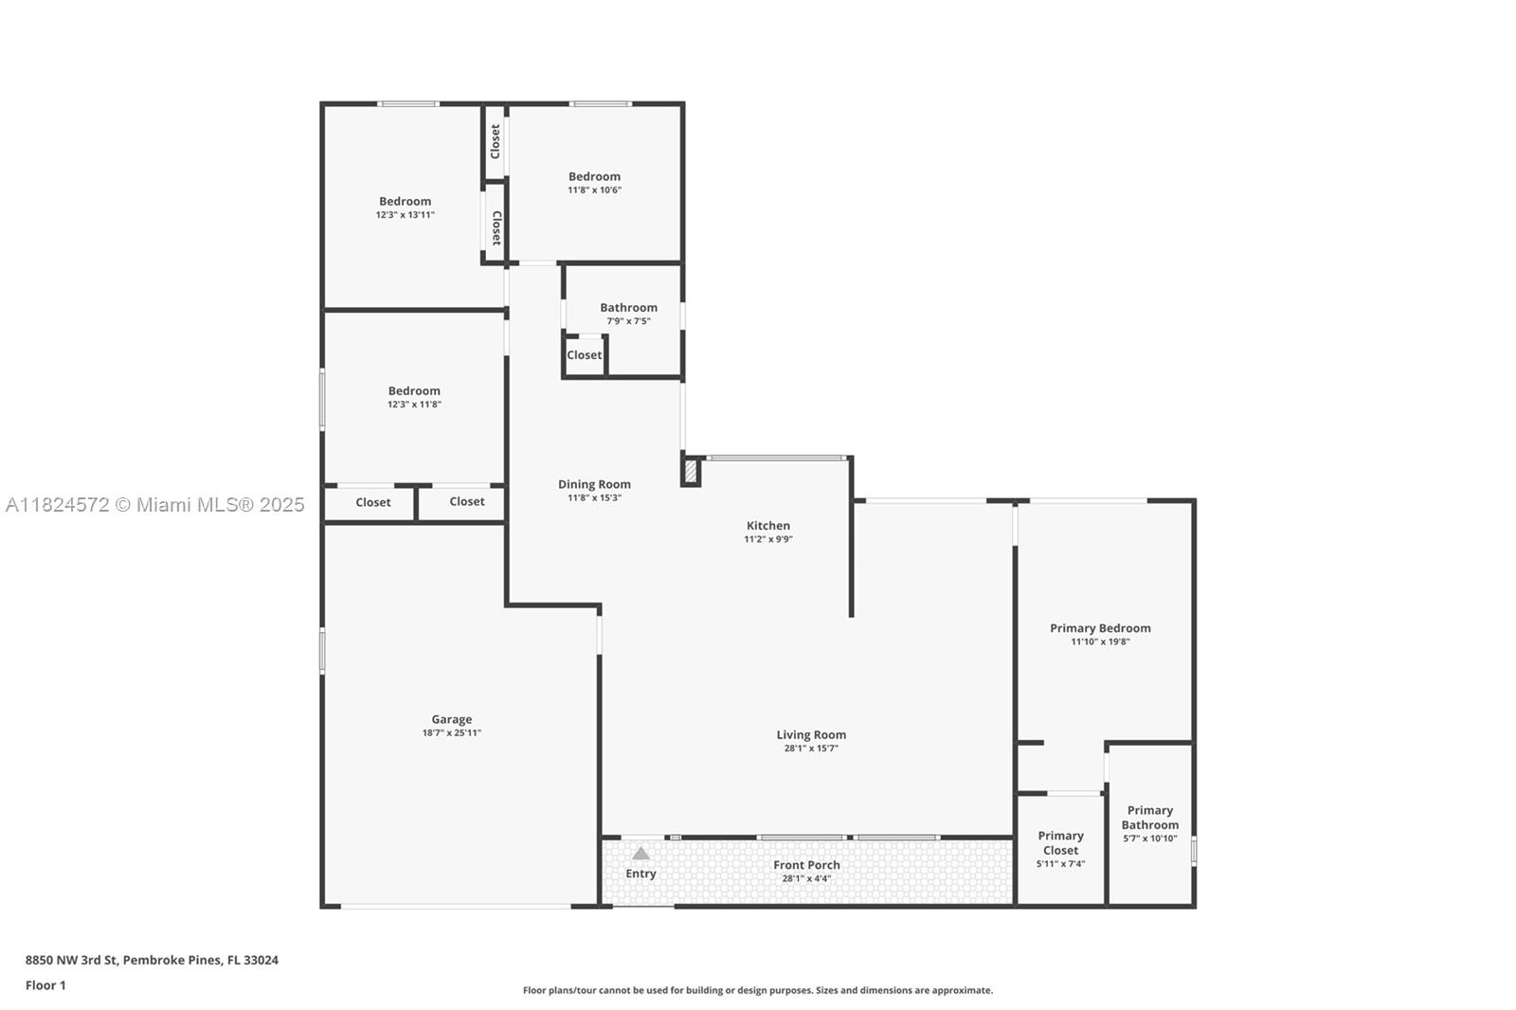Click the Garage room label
(451, 719)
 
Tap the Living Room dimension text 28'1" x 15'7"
(811, 748)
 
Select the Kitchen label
(768, 525)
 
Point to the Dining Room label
(594, 484)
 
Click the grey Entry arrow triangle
(641, 853)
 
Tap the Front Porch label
(806, 865)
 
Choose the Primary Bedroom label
(1100, 628)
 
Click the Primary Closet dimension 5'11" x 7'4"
(1060, 864)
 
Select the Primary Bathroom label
(1150, 818)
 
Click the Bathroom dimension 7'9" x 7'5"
(629, 321)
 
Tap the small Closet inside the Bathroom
(584, 354)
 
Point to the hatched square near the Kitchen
(691, 471)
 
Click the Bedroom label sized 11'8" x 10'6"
(594, 176)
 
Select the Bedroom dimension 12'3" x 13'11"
(406, 214)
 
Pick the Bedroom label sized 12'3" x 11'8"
(414, 390)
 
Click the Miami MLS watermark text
(155, 504)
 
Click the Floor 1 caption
(46, 985)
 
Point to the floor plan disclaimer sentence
(758, 990)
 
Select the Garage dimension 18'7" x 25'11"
(451, 732)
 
